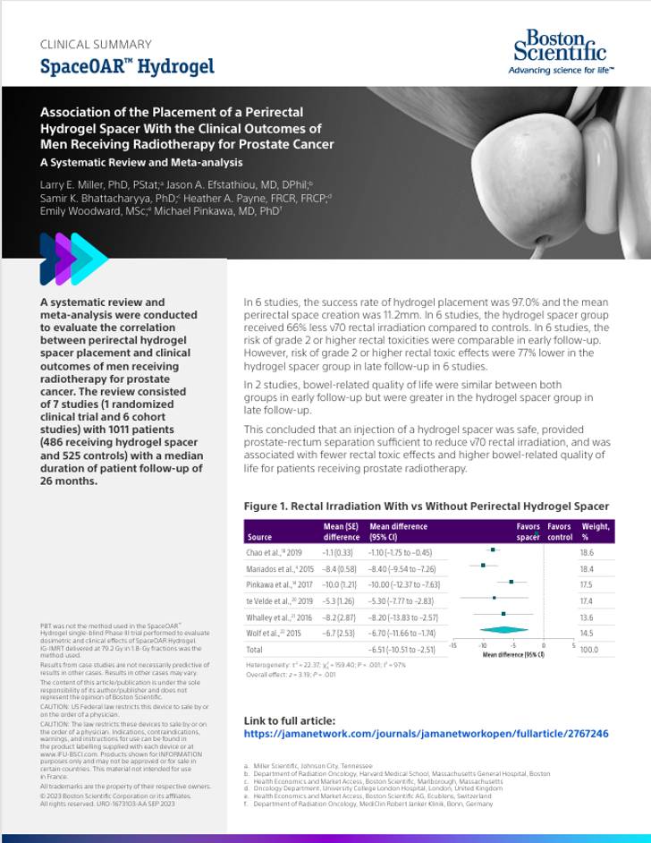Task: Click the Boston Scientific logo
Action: point(556,52)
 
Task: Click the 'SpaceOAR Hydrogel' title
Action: point(127,67)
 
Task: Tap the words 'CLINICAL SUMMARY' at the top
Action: point(96,44)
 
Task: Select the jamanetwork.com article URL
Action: point(426,734)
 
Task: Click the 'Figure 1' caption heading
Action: point(426,507)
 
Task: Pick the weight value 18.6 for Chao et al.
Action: point(587,553)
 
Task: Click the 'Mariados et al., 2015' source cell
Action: point(281,568)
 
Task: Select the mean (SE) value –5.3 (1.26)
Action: point(341,600)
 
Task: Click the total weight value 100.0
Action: point(588,649)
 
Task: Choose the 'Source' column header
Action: point(258,537)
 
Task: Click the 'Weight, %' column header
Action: point(596,532)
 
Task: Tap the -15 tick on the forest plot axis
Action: point(453,645)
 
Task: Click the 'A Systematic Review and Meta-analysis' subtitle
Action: point(141,163)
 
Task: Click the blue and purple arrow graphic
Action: point(73,260)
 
